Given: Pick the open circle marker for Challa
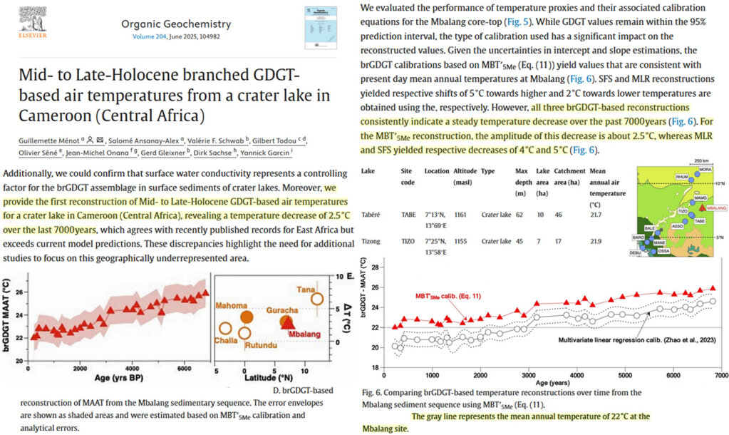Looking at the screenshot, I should (x=225, y=329).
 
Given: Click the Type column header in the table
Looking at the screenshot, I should (x=488, y=172).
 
